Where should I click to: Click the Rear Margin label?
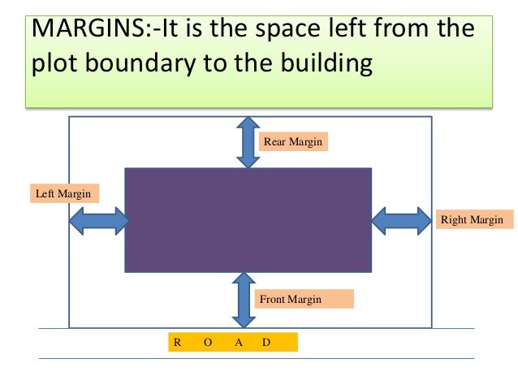click(x=293, y=142)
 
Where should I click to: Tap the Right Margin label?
click(x=471, y=219)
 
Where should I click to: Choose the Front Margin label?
click(x=291, y=300)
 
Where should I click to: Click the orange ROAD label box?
click(x=232, y=342)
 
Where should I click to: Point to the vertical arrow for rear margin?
click(x=248, y=141)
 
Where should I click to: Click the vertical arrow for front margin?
click(x=242, y=300)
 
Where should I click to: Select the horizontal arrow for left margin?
click(x=97, y=220)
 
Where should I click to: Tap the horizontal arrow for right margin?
click(x=401, y=220)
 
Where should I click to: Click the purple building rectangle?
click(x=248, y=220)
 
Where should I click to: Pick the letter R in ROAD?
click(x=177, y=342)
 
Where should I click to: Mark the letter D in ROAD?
click(x=266, y=342)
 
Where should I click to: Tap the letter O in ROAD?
click(x=207, y=342)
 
